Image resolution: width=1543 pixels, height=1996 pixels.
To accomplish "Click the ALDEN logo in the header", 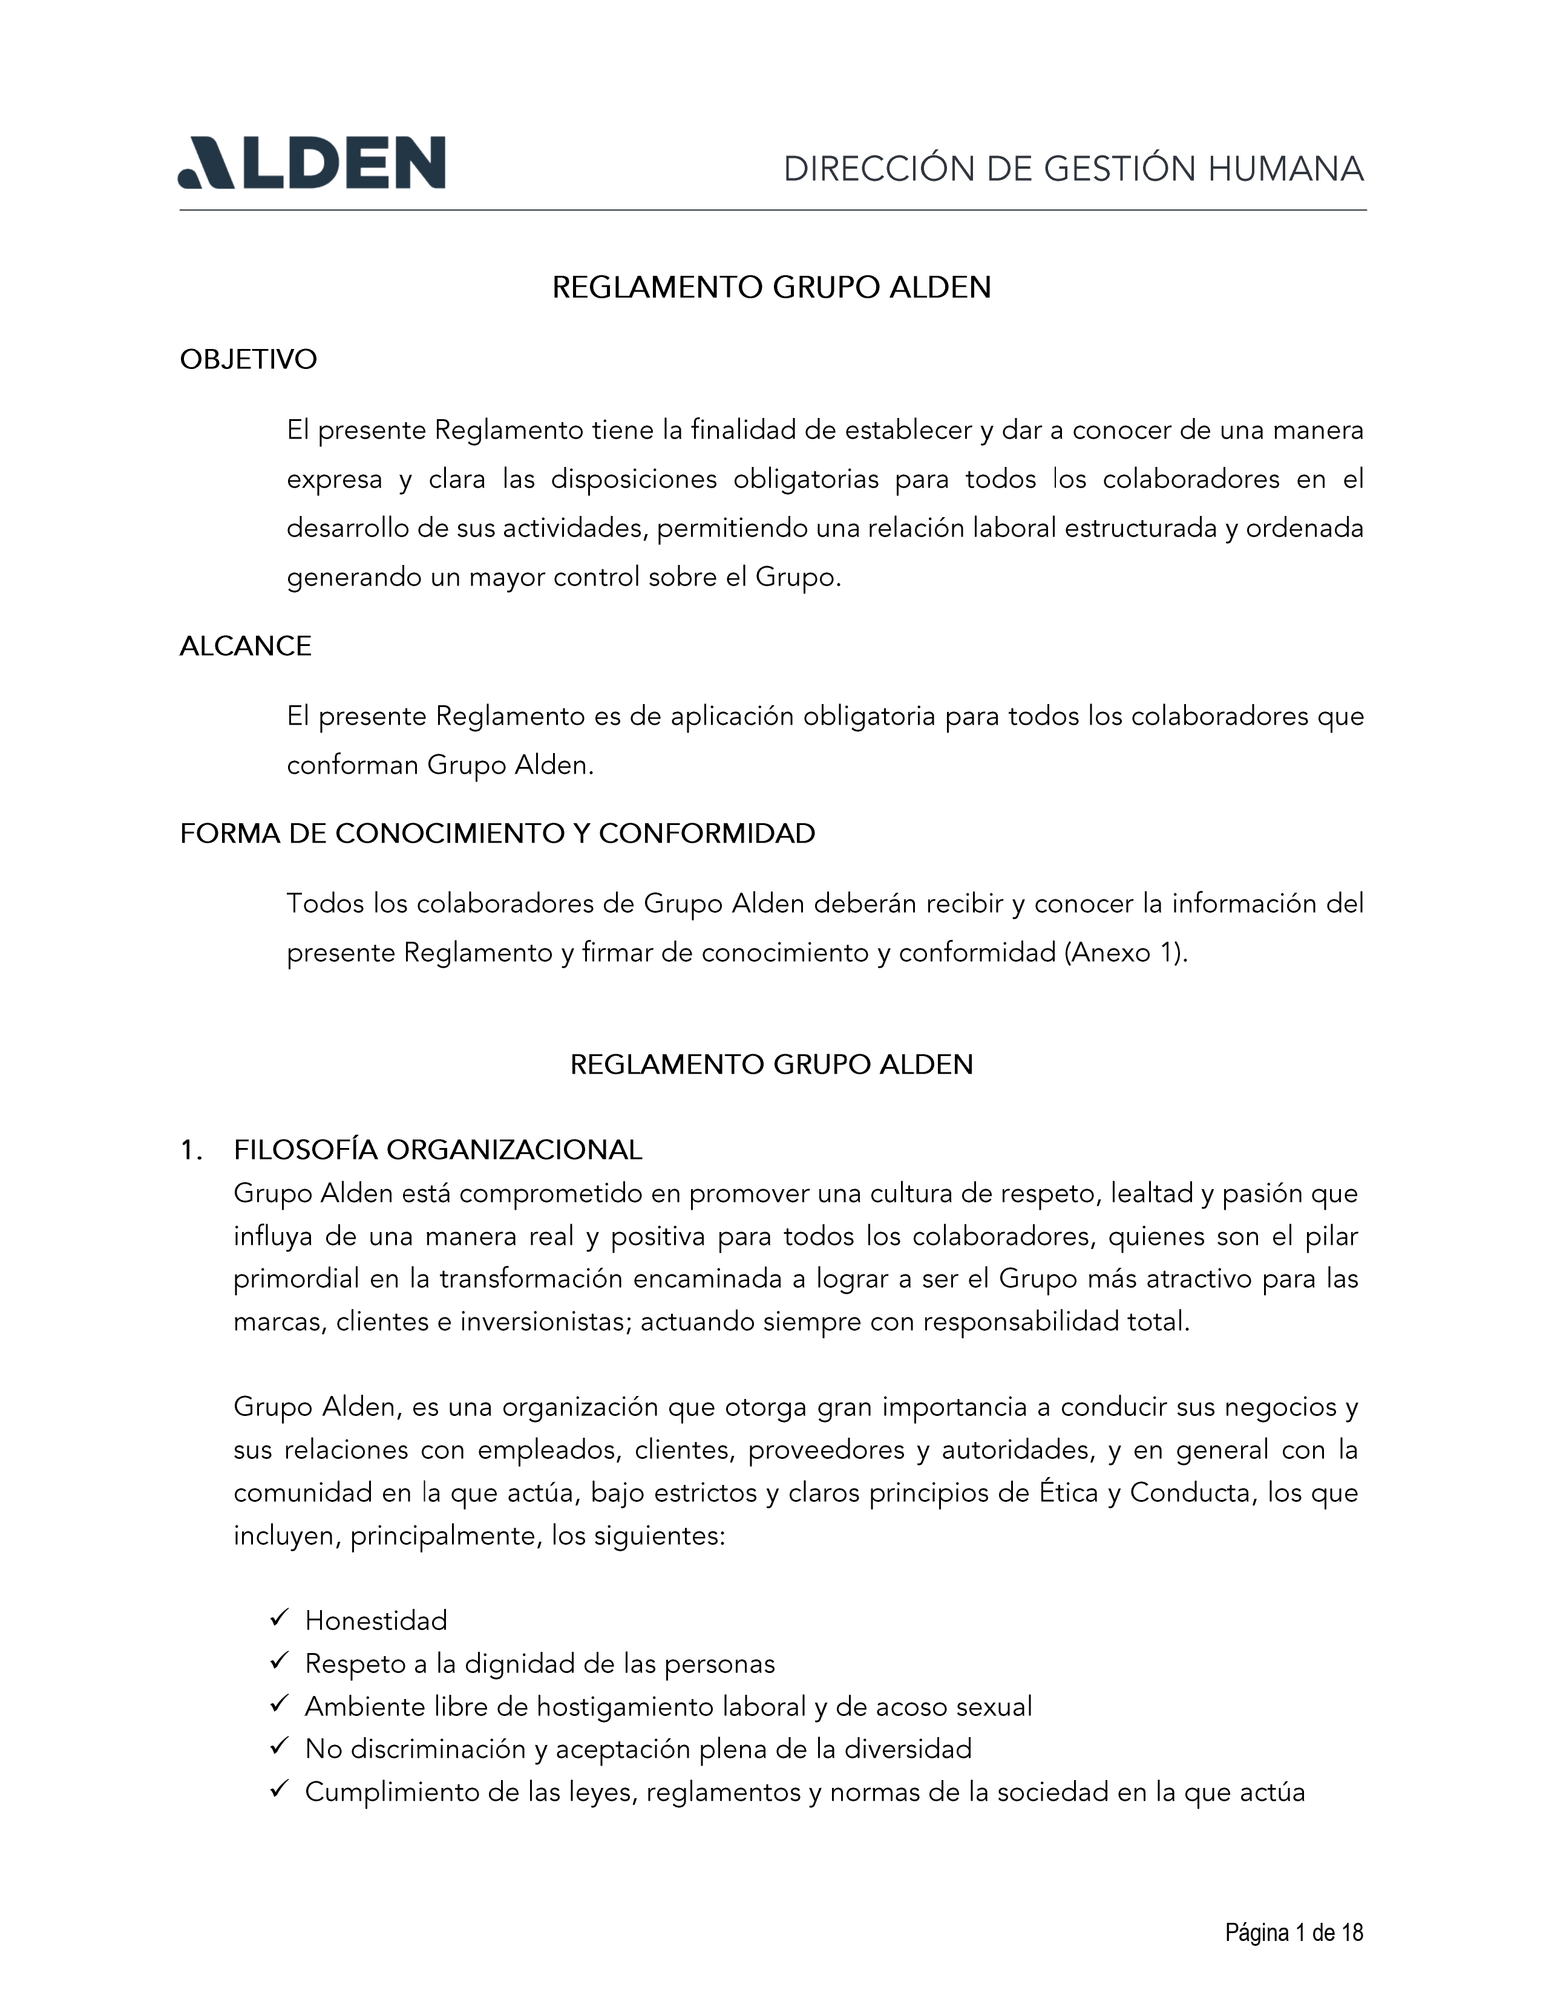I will [x=311, y=163].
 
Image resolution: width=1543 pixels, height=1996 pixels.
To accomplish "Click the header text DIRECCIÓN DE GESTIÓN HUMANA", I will [x=1073, y=170].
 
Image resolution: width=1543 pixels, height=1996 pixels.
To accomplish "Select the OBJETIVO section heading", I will [x=249, y=359].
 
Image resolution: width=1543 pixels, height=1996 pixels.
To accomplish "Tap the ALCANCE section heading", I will [x=245, y=646].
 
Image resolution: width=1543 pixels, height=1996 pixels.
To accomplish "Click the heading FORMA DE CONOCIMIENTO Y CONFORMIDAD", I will [x=497, y=833].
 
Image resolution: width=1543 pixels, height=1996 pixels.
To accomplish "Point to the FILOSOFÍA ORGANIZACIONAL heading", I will [x=438, y=1150].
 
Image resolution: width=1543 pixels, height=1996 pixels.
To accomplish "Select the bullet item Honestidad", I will [x=376, y=1620].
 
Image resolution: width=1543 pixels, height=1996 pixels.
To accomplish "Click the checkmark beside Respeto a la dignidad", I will [x=280, y=1662].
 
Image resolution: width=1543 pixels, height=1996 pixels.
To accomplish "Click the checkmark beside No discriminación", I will [x=280, y=1747].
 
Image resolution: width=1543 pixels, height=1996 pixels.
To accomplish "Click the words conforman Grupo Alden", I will [x=440, y=765].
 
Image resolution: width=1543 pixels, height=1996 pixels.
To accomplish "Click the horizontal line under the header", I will [x=773, y=210].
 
